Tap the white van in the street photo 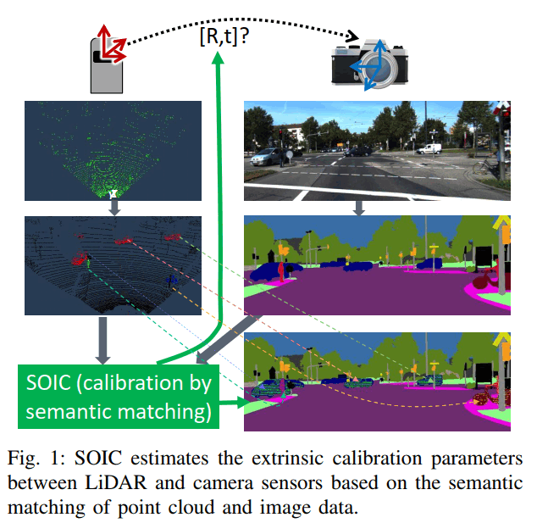[430, 148]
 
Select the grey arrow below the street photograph [359, 207]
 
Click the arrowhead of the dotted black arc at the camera [350, 37]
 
